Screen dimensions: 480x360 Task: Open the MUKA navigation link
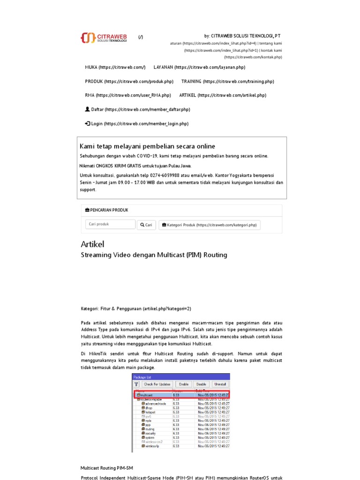tap(115, 67)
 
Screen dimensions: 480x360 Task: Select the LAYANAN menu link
tap(199, 67)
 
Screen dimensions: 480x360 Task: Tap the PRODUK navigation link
tap(129, 82)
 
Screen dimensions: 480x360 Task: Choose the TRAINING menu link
tap(227, 82)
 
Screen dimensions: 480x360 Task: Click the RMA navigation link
tap(127, 95)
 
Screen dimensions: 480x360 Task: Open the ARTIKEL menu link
tap(222, 95)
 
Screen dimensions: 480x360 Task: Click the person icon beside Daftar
tap(87, 109)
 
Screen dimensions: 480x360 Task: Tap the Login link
tap(136, 124)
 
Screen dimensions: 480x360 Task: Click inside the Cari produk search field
tap(110, 225)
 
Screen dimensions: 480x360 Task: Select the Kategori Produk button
tap(210, 225)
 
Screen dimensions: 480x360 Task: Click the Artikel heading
tap(92, 244)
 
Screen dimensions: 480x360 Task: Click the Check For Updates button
tap(157, 384)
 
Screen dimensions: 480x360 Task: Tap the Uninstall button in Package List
tap(220, 384)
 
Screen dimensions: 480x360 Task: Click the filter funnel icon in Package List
tap(137, 384)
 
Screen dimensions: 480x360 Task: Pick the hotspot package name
tap(151, 412)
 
